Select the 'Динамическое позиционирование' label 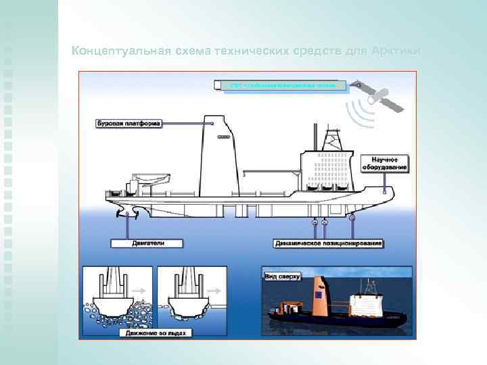[x=329, y=242]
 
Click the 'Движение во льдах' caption [x=156, y=333]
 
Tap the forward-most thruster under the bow [x=351, y=219]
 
